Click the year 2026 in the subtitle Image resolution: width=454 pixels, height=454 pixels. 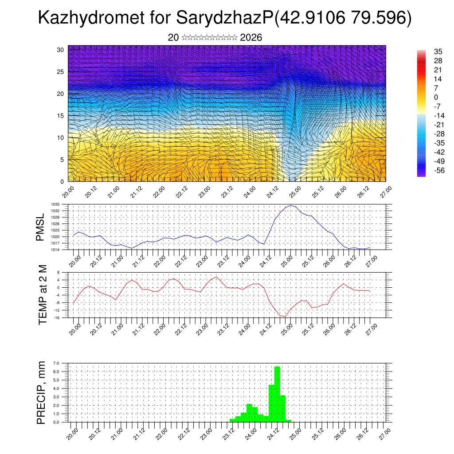pos(251,38)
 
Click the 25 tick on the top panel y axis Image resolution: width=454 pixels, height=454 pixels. pos(61,71)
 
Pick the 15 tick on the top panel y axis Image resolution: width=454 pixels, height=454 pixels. pos(61,116)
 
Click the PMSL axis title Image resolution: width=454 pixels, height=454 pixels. pos(41,227)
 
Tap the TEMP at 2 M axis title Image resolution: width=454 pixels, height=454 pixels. pos(43,294)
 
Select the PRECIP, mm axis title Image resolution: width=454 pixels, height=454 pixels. pos(41,392)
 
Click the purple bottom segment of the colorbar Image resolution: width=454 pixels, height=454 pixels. pos(421,174)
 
